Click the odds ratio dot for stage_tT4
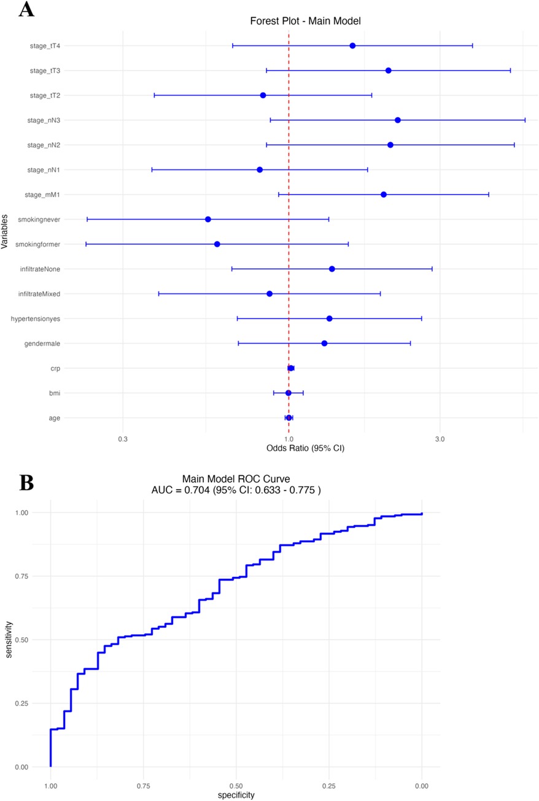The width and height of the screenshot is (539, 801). point(352,46)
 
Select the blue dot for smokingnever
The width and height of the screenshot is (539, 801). point(208,219)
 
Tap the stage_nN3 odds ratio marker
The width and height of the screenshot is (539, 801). point(398,120)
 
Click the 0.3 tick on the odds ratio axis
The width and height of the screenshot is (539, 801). point(123,439)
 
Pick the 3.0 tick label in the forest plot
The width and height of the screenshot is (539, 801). point(440,439)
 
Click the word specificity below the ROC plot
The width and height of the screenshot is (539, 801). point(236,795)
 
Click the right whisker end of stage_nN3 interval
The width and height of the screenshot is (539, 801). point(525,120)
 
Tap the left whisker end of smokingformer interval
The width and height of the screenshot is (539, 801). point(86,244)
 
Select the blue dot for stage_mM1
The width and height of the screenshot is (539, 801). point(384,195)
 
